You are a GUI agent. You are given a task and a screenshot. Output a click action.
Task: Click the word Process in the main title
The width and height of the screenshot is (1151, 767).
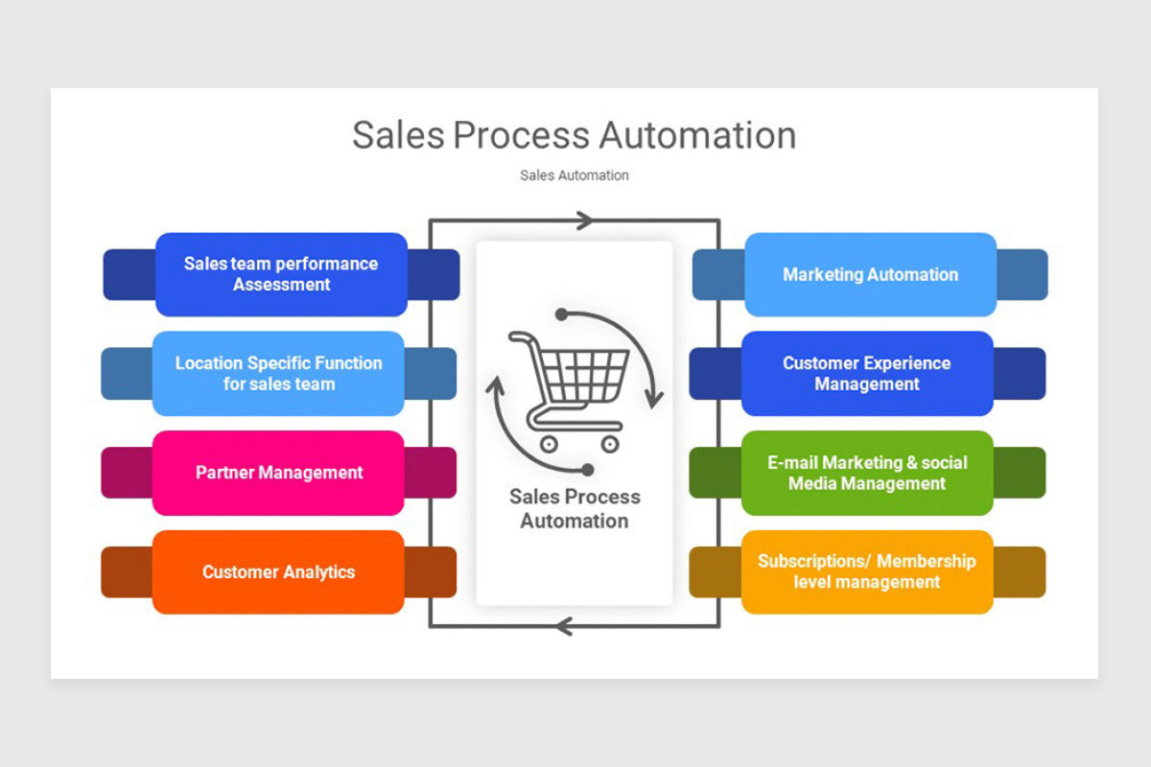pos(523,136)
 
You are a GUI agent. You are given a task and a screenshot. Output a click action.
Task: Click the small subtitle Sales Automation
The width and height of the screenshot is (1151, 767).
pos(575,175)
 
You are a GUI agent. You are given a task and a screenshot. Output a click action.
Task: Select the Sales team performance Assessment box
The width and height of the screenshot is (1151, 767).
pos(281,274)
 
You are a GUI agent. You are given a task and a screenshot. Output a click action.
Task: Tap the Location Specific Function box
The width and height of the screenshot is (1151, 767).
pos(278,374)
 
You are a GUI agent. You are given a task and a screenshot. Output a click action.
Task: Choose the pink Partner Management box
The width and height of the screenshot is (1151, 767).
pos(278,473)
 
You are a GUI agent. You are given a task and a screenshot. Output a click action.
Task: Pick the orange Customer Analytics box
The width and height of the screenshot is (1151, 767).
pos(278,572)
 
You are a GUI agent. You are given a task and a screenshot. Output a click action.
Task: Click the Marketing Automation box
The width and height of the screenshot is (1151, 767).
pos(870,274)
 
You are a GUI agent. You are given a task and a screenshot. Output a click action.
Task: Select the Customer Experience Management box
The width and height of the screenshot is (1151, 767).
pos(867,374)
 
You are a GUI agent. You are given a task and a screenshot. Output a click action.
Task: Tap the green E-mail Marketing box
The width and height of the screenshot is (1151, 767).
pos(867,473)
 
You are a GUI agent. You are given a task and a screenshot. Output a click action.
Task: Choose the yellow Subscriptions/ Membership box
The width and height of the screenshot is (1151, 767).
pos(867,572)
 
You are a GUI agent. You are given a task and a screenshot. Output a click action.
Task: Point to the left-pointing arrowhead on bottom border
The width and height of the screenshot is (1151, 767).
pos(565,627)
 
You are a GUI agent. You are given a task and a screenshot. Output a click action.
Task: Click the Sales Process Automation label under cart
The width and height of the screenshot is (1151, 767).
pos(575,509)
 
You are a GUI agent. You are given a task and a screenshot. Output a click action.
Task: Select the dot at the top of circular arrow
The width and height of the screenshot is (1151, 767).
pos(561,314)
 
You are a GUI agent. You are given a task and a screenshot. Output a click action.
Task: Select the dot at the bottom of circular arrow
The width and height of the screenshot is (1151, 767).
pos(587,470)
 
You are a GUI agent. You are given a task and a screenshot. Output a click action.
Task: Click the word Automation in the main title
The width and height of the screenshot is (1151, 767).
pos(699,136)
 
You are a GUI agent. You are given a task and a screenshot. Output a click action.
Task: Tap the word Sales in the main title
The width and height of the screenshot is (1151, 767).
pos(397,136)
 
